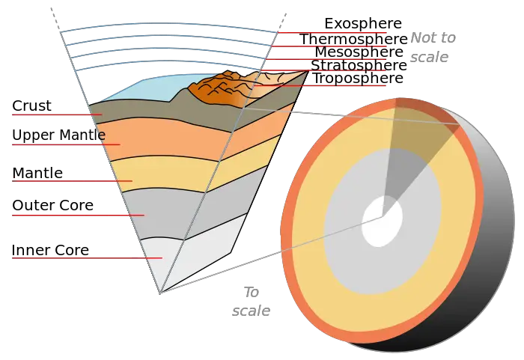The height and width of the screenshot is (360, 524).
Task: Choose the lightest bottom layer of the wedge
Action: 187,254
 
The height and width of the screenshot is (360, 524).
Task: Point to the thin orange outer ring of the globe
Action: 287,225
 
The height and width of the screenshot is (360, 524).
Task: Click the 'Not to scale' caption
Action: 432,47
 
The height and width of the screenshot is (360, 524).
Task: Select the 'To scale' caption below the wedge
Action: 251,302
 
